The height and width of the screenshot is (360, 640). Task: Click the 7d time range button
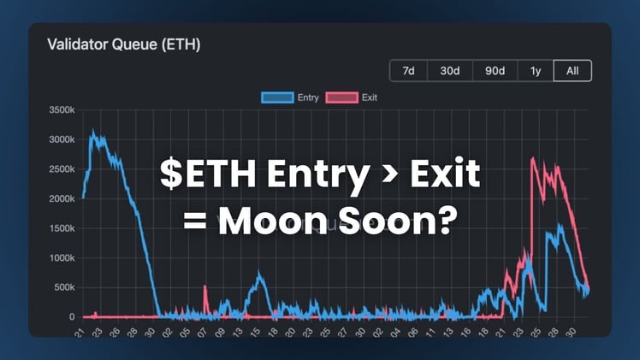point(409,71)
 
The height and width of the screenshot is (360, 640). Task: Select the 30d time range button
point(450,71)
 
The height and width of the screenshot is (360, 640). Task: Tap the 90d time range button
point(495,71)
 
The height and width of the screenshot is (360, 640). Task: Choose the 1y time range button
point(536,71)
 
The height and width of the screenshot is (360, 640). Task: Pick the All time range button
point(572,71)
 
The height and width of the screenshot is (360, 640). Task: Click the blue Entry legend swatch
point(277,97)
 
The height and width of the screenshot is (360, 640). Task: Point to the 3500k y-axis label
point(61,111)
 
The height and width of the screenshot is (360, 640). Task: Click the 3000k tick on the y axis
point(61,140)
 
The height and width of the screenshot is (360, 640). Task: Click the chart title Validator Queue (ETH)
point(123,44)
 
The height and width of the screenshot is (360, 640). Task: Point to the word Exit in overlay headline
point(443,177)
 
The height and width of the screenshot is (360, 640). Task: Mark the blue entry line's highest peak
point(92,133)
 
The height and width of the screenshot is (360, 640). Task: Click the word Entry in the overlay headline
point(317,177)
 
